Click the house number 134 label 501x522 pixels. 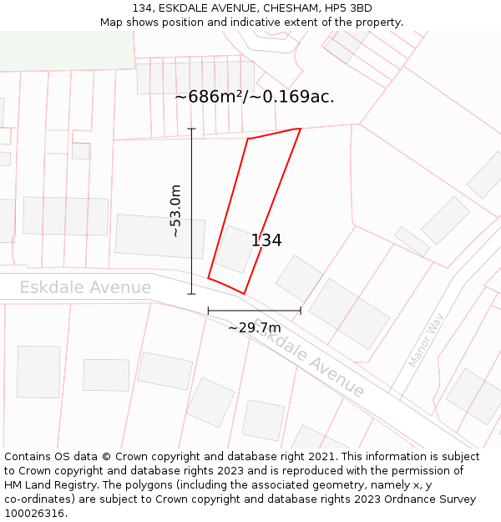tap(266, 241)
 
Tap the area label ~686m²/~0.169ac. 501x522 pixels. tap(255, 97)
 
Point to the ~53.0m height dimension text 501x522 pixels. tap(175, 211)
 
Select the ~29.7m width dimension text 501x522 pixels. tap(254, 327)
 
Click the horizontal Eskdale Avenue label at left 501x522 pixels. tap(85, 288)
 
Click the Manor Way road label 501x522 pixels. tap(426, 340)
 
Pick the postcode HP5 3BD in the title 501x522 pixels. tap(349, 8)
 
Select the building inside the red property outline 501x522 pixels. tap(235, 249)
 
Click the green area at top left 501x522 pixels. tap(67, 50)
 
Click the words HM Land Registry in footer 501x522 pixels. tap(45, 485)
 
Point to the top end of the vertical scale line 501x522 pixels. tap(191, 129)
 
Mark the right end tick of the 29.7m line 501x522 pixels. tap(301, 311)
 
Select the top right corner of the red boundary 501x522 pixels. tap(300, 129)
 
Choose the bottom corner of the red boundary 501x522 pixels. tap(244, 293)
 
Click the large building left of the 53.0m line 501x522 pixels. tap(159, 236)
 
